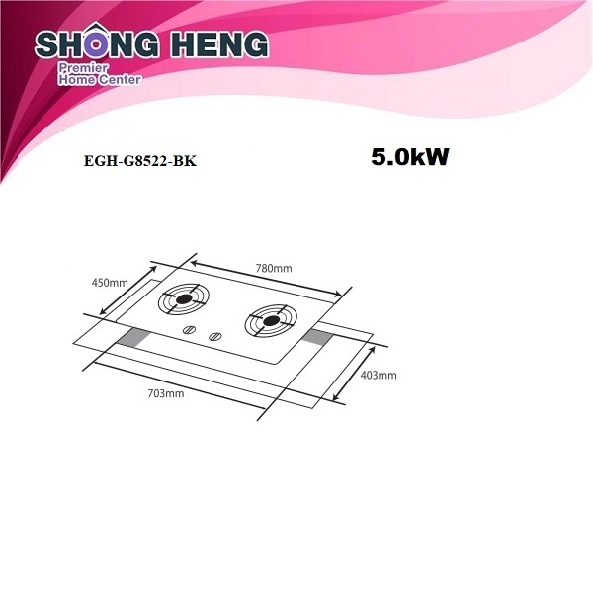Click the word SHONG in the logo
click(97, 43)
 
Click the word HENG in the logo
click(219, 44)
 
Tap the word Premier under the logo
click(83, 68)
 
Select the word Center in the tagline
click(120, 80)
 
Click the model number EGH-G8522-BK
click(140, 161)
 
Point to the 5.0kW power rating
click(410, 157)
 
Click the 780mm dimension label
click(274, 269)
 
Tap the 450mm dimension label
click(110, 283)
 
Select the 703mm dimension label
click(166, 393)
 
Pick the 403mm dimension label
click(379, 376)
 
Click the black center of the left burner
click(184, 299)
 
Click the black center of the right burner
click(271, 321)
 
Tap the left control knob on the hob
click(189, 330)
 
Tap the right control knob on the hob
click(215, 336)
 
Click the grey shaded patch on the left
click(131, 337)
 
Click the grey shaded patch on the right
click(316, 337)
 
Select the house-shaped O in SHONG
click(97, 42)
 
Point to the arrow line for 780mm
click(266, 279)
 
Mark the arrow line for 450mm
click(127, 291)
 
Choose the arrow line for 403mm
click(354, 374)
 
